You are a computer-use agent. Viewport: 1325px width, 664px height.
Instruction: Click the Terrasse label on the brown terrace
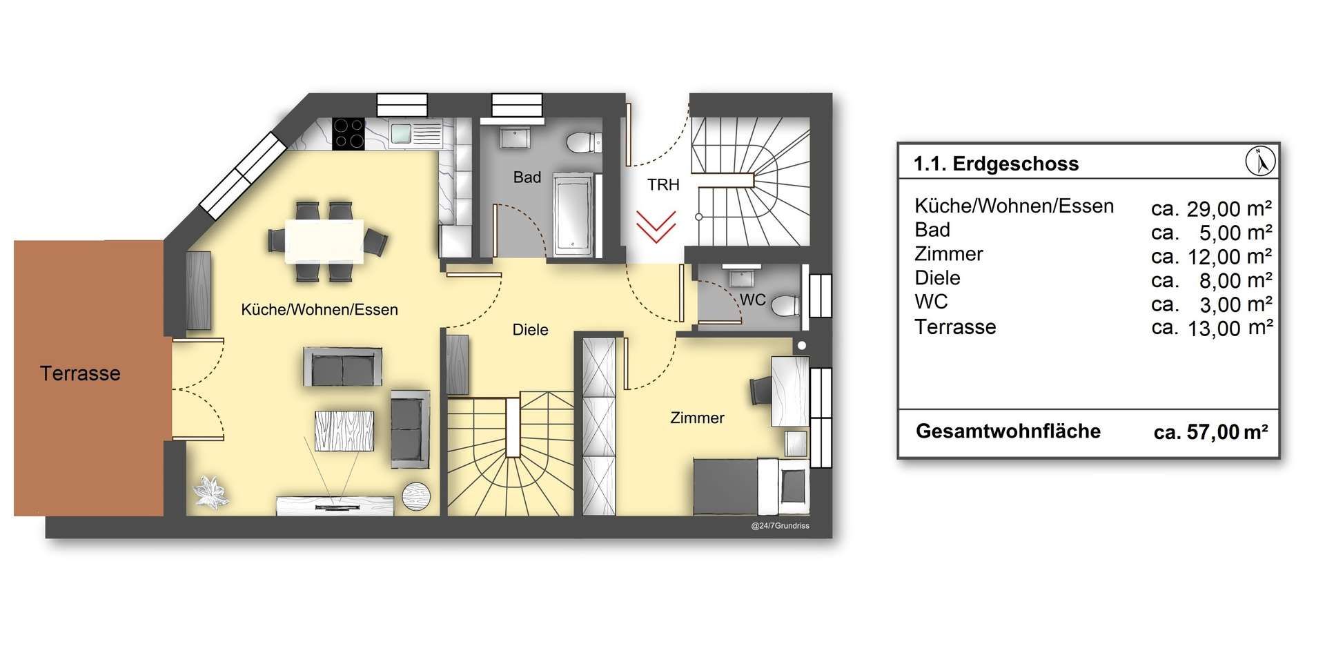(x=80, y=373)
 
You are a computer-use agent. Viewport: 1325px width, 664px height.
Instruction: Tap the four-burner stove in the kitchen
(x=349, y=134)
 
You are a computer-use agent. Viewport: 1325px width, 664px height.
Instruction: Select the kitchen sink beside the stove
(x=415, y=134)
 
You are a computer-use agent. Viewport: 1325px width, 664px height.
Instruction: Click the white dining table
(x=324, y=242)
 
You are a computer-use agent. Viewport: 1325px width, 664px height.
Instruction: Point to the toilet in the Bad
(x=584, y=144)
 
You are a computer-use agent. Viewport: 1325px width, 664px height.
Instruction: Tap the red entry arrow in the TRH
(x=656, y=227)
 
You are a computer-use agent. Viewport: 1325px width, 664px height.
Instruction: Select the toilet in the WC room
(x=785, y=305)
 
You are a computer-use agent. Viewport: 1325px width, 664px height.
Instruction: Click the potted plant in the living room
(x=211, y=492)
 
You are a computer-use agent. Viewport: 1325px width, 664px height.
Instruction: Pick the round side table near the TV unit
(x=417, y=496)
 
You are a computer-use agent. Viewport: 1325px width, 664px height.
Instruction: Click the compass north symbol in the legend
(x=1261, y=162)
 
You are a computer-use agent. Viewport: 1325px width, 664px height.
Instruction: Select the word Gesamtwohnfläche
(x=1008, y=431)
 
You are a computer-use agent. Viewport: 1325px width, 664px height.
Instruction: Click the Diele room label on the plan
(x=530, y=330)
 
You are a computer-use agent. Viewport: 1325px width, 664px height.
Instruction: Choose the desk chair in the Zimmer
(x=761, y=391)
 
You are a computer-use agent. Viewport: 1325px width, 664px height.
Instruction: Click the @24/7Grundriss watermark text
(x=780, y=526)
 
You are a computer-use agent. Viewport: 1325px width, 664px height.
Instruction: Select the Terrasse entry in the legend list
(x=955, y=327)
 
